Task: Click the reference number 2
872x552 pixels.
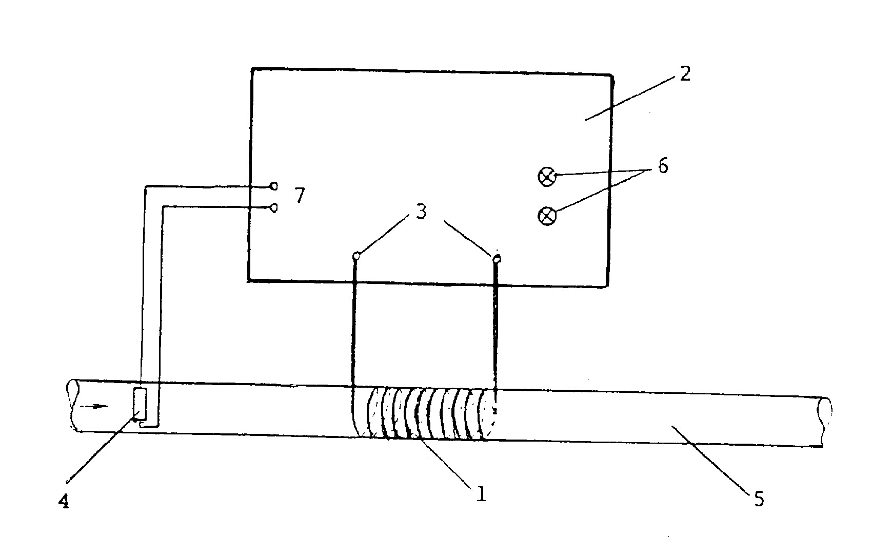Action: (x=685, y=73)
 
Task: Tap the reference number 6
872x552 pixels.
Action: (x=663, y=166)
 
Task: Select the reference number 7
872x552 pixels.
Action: (x=300, y=195)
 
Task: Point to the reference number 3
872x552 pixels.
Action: (x=421, y=211)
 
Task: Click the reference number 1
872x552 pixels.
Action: (x=482, y=494)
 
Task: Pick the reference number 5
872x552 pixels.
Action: (x=759, y=499)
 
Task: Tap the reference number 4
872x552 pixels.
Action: (x=64, y=501)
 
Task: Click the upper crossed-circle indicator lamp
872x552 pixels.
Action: (x=547, y=177)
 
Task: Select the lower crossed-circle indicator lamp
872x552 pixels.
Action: (x=547, y=216)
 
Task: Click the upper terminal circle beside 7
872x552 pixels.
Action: (x=274, y=186)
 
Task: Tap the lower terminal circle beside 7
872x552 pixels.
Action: (x=274, y=208)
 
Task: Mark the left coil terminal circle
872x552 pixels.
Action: (x=356, y=256)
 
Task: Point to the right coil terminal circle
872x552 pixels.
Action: (x=497, y=259)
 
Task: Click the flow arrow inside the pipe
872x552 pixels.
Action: (x=94, y=407)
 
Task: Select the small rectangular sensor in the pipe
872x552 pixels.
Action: (x=140, y=404)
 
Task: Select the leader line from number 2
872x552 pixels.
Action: (x=629, y=99)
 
